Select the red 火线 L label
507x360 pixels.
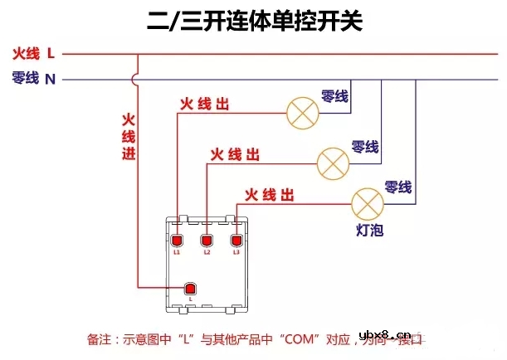[x=33, y=55]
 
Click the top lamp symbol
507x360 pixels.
[x=303, y=112]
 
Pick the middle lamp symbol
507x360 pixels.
[x=334, y=160]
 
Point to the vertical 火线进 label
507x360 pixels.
[x=129, y=136]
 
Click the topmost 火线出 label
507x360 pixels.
[x=205, y=105]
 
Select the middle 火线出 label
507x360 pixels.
[x=236, y=154]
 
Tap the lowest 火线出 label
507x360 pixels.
[x=269, y=196]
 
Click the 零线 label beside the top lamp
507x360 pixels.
[x=334, y=97]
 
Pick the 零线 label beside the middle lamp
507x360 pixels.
[x=365, y=147]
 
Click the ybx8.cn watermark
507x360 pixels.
[x=463, y=335]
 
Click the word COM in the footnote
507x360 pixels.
[x=295, y=339]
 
